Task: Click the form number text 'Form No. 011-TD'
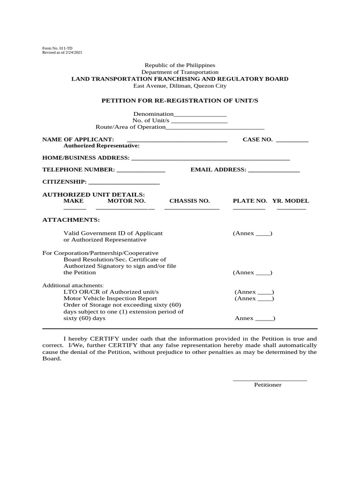point(57,48)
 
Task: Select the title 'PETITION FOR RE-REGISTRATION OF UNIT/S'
point(180,100)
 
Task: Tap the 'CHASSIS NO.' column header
point(189,201)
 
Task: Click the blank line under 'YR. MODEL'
point(291,208)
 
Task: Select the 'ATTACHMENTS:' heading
point(71,219)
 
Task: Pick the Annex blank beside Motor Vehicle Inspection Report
point(265,299)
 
